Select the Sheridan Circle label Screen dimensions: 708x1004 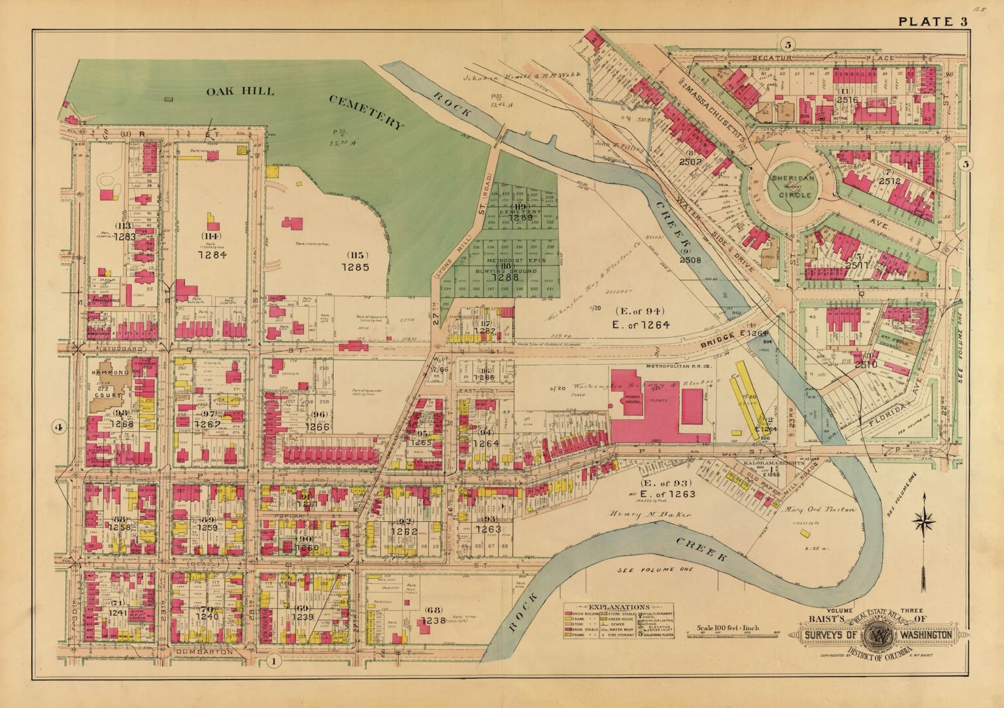pos(791,186)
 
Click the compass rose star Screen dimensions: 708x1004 pos(924,521)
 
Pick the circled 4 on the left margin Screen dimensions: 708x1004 pos(59,428)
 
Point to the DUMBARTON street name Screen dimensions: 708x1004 pos(203,652)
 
